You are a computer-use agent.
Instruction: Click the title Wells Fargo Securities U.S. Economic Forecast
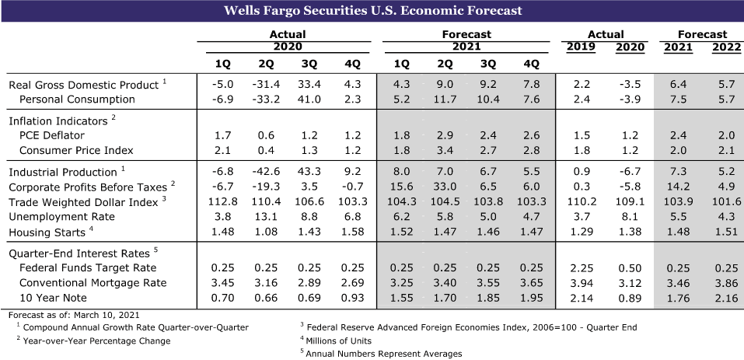click(x=372, y=11)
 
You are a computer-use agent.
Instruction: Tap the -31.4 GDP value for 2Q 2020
click(x=265, y=85)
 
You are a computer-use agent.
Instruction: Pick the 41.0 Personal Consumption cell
click(x=309, y=99)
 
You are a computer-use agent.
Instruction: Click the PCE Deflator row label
click(x=51, y=135)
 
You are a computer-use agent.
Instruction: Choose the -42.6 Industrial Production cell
click(x=265, y=173)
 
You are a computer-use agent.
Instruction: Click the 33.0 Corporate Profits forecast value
click(x=445, y=187)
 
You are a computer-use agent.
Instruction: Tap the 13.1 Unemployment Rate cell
click(x=265, y=217)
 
